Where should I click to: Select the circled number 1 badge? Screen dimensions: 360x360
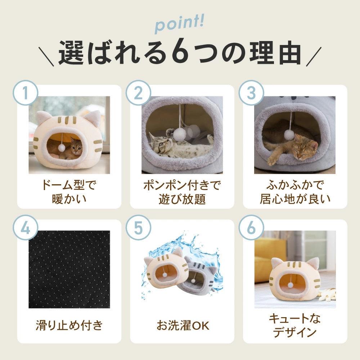point(25,93)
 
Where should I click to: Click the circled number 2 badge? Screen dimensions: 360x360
point(138,93)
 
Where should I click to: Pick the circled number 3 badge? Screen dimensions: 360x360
point(251,93)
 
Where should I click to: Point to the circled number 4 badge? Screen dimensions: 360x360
point(25,228)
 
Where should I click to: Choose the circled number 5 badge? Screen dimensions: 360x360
point(138,228)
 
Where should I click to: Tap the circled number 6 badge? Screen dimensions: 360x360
point(251,228)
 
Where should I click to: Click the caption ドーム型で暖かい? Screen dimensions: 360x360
point(69,192)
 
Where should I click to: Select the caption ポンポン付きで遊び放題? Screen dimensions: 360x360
point(182,192)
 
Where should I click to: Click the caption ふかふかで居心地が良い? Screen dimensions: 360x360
point(295,192)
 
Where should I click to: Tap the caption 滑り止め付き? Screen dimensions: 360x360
point(69,325)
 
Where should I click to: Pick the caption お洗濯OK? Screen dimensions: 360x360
point(183,325)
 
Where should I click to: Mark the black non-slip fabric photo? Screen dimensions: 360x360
point(69,269)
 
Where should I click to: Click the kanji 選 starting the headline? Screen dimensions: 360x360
point(71,53)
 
